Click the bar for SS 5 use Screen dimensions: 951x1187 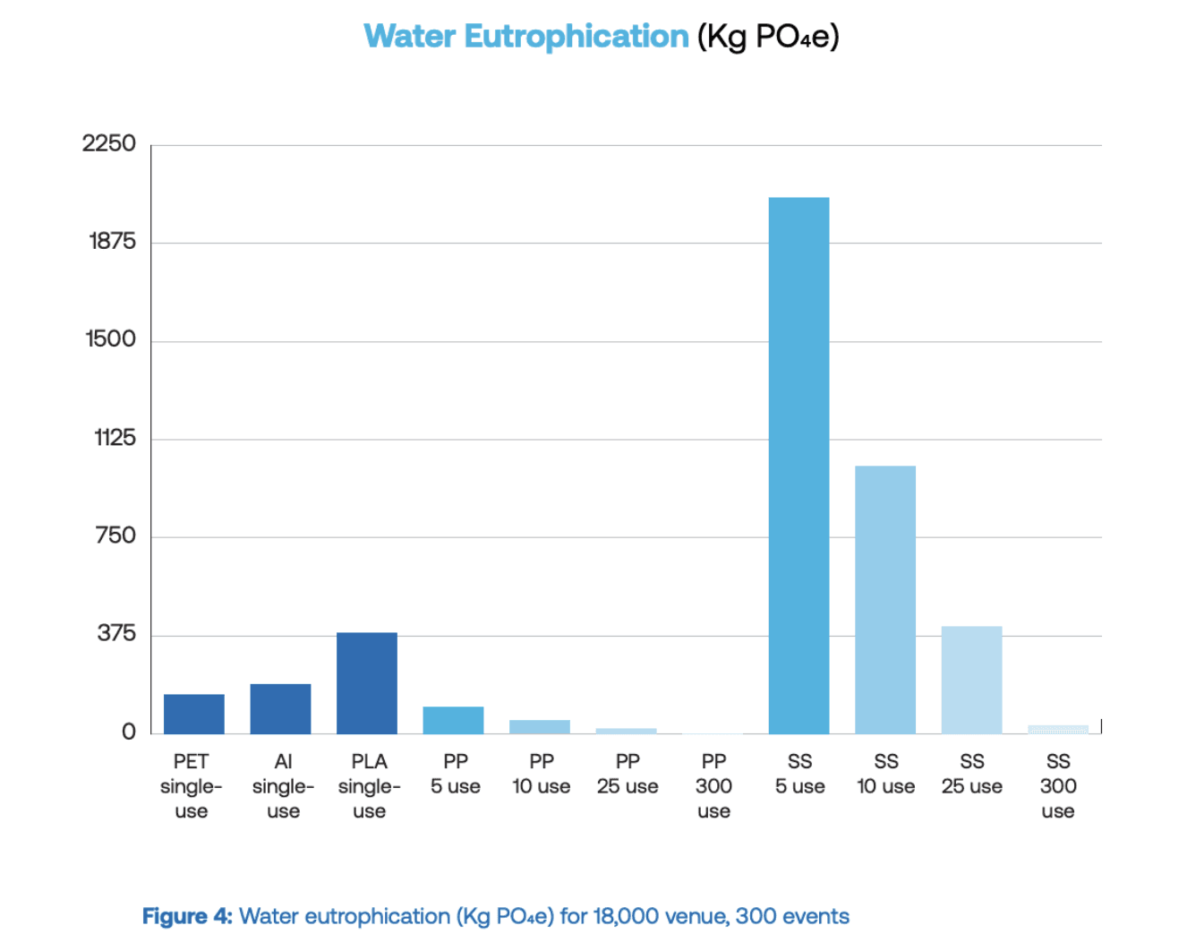(798, 466)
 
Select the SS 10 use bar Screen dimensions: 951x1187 (884, 600)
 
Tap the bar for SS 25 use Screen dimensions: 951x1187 (971, 681)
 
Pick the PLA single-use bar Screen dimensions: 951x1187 (366, 683)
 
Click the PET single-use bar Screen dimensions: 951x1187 (193, 714)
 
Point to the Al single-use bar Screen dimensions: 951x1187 (280, 709)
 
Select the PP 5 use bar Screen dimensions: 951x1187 (453, 720)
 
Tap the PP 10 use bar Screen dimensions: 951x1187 (539, 726)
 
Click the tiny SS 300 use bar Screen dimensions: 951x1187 (1057, 729)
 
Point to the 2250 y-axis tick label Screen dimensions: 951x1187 (109, 143)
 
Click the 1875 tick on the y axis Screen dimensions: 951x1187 (112, 241)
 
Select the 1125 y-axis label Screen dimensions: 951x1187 (115, 438)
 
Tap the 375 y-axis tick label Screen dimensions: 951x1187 (116, 634)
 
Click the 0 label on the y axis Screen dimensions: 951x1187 (129, 733)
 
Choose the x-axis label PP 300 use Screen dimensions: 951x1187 (713, 785)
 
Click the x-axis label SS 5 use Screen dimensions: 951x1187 (799, 774)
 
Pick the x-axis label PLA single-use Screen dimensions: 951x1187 (369, 785)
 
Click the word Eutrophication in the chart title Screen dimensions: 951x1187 (576, 37)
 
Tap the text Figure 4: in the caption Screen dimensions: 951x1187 (187, 916)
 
